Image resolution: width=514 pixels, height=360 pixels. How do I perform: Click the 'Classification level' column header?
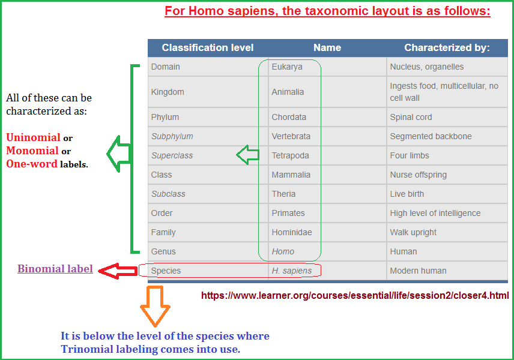pyautogui.click(x=208, y=47)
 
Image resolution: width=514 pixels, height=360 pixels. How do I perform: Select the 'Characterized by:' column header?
pyautogui.click(x=447, y=47)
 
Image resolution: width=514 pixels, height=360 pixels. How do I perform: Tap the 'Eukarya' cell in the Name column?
pyautogui.click(x=287, y=67)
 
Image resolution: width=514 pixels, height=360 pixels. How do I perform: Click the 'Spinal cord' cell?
pyautogui.click(x=411, y=117)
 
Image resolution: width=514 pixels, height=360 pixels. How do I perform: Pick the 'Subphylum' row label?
pyautogui.click(x=172, y=136)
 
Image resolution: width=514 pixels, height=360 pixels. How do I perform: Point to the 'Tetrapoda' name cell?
pyautogui.click(x=290, y=155)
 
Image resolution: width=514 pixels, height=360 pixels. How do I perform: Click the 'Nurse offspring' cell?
pyautogui.click(x=418, y=175)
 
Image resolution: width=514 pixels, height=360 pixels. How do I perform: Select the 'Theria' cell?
pyautogui.click(x=283, y=194)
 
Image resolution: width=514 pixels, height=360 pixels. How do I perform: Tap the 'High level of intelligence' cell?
pyautogui.click(x=435, y=213)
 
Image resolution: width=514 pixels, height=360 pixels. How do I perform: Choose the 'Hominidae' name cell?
pyautogui.click(x=292, y=232)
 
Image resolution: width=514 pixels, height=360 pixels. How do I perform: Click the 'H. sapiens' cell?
pyautogui.click(x=292, y=271)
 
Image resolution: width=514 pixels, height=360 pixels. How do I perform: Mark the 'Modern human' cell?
pyautogui.click(x=418, y=271)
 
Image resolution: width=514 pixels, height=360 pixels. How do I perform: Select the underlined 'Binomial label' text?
pyautogui.click(x=55, y=269)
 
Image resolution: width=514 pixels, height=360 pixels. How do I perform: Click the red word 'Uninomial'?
pyautogui.click(x=33, y=137)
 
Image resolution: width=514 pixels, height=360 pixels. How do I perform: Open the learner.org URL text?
pyautogui.click(x=355, y=295)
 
